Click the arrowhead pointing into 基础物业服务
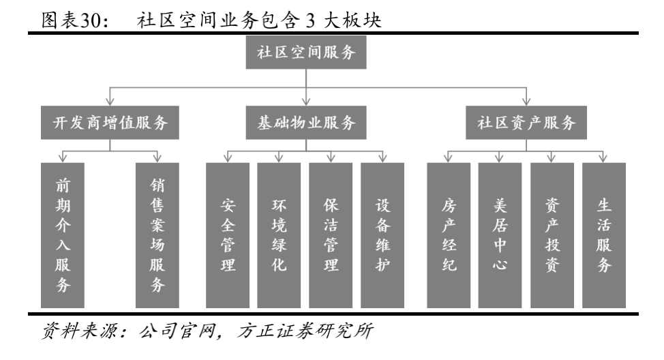[x=306, y=102]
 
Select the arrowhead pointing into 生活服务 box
[x=604, y=159]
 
